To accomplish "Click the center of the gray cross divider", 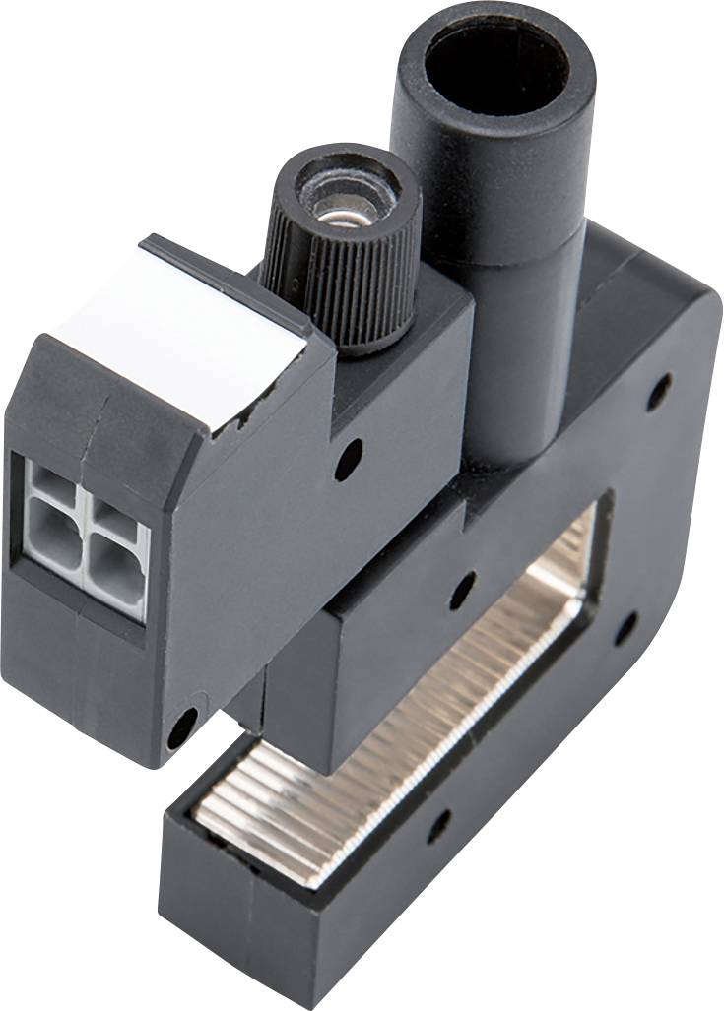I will coord(83,527).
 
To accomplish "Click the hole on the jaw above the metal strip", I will coord(461,590).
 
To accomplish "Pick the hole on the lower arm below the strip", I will coord(437,825).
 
